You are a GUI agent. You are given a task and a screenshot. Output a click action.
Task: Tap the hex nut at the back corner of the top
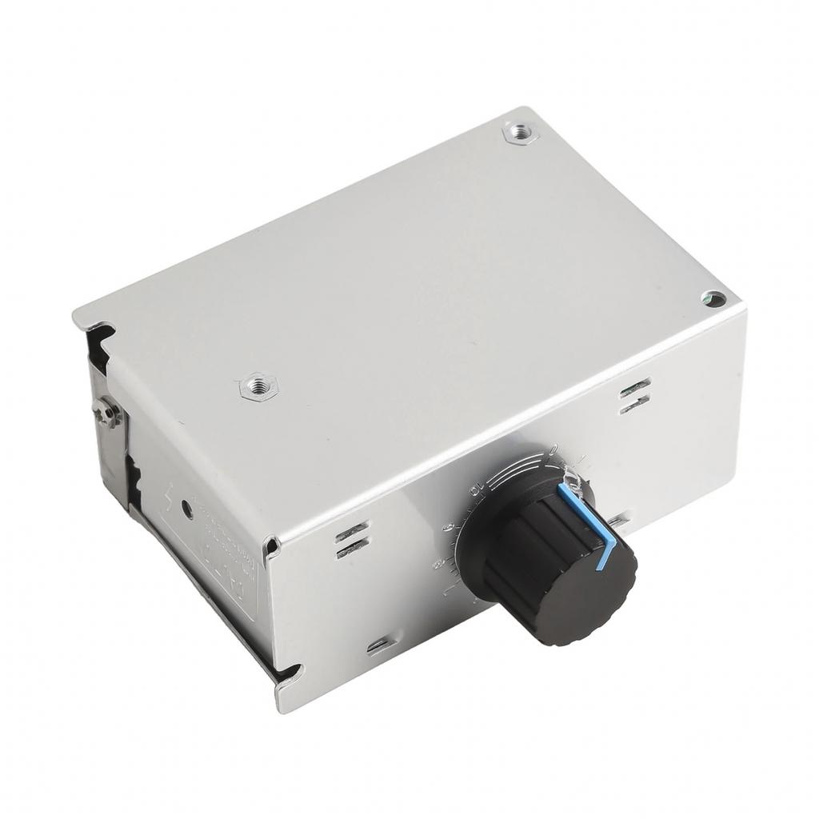(x=521, y=133)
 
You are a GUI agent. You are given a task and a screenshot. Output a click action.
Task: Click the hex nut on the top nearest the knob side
(x=258, y=387)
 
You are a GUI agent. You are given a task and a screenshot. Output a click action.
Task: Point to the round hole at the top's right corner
(x=714, y=299)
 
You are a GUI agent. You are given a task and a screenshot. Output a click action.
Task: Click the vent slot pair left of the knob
(x=352, y=540)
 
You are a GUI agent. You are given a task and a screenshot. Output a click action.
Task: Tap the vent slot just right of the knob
(x=617, y=522)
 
